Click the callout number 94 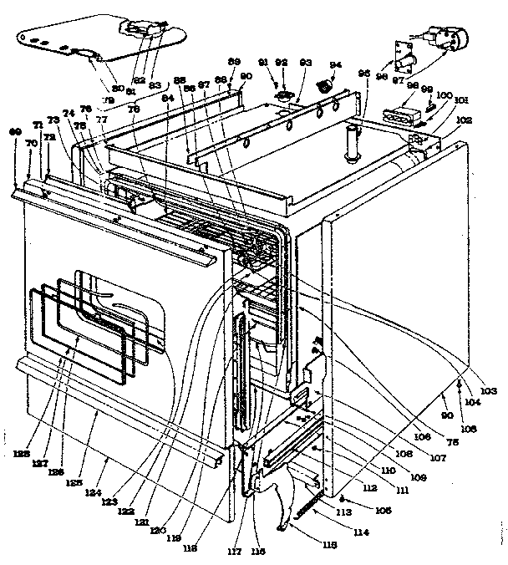point(336,64)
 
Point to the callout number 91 point(264,63)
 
